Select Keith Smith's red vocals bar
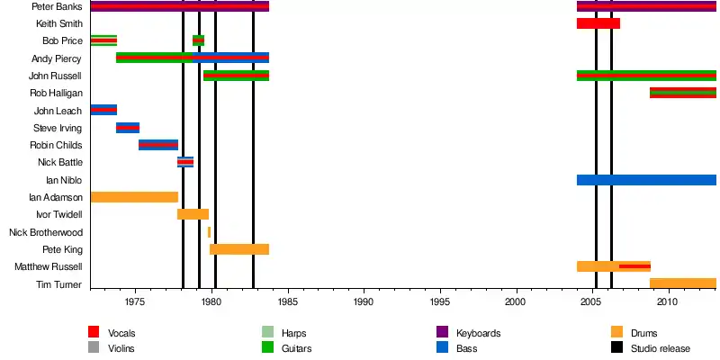click(x=598, y=23)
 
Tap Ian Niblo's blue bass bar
click(x=645, y=180)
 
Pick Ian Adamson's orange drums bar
click(x=134, y=197)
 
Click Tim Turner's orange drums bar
click(x=682, y=283)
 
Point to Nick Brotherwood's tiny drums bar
click(x=209, y=232)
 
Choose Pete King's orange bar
click(x=238, y=249)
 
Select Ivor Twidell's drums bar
click(x=193, y=214)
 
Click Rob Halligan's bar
click(x=682, y=93)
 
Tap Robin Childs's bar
click(x=158, y=145)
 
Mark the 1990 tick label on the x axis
click(x=364, y=303)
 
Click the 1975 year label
click(x=136, y=303)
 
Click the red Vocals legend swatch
click(x=94, y=333)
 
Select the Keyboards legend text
click(x=478, y=333)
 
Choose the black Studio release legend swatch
click(x=616, y=347)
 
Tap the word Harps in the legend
click(x=293, y=333)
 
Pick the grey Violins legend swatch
click(x=94, y=347)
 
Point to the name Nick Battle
click(x=59, y=162)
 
